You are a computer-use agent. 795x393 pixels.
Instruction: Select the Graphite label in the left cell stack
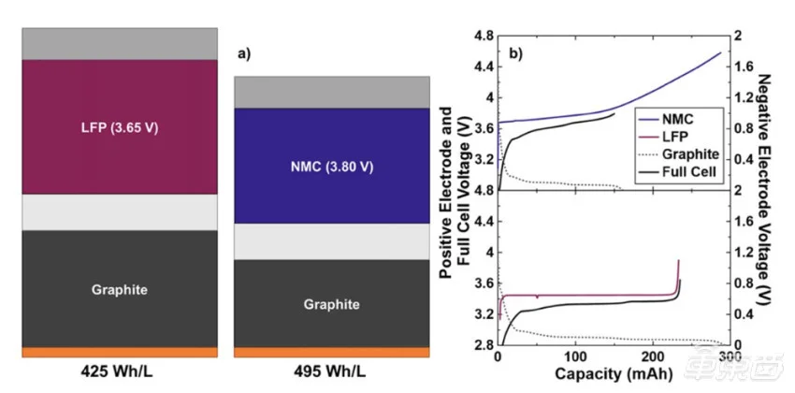click(119, 290)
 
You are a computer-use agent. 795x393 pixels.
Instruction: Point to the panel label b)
click(515, 53)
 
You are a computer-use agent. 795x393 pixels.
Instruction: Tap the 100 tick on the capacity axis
click(576, 358)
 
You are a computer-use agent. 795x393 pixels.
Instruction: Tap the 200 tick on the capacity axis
click(653, 358)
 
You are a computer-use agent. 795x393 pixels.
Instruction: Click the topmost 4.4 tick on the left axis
click(481, 67)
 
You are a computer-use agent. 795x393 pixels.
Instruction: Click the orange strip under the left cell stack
click(119, 352)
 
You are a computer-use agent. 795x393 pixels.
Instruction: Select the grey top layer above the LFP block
click(119, 44)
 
